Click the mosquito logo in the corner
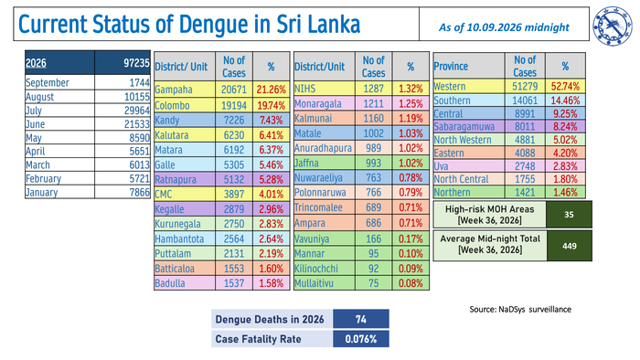pos(613,26)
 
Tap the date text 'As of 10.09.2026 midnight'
pos(504,27)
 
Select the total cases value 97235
pos(137,63)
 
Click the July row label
pos(34,111)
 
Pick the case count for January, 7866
pos(140,192)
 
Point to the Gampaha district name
pos(173,90)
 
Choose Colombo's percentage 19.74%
pos(271,105)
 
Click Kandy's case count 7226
pos(234,121)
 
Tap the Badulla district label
pos(170,283)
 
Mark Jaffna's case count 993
pos(373,163)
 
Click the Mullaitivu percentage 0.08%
pos(411,283)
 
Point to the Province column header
pos(451,66)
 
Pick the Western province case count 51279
pos(525,87)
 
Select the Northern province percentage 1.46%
pos(565,192)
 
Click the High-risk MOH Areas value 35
pos(569,215)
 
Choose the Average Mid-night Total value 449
pos(569,246)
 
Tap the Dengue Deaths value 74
pos(361,319)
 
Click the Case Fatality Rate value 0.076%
pos(361,339)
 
